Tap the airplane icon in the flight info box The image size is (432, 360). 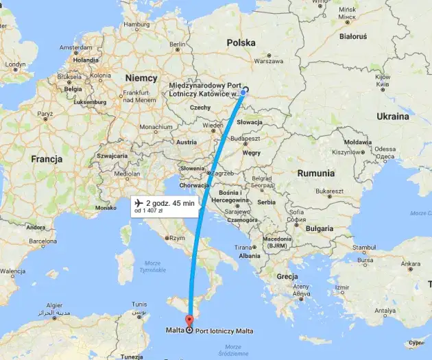click(x=138, y=203)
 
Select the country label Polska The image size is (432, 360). click(x=241, y=43)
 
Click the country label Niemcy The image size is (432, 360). click(x=141, y=78)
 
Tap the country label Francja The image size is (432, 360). click(x=47, y=158)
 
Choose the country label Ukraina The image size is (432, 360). click(x=392, y=117)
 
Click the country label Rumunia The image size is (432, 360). click(x=316, y=173)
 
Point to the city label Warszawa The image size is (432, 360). click(x=268, y=61)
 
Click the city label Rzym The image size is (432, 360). click(x=177, y=238)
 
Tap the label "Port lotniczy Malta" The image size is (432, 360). click(x=224, y=331)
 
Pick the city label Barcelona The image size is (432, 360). click(x=40, y=242)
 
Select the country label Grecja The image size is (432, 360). click(x=287, y=276)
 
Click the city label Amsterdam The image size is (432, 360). click(x=75, y=48)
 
